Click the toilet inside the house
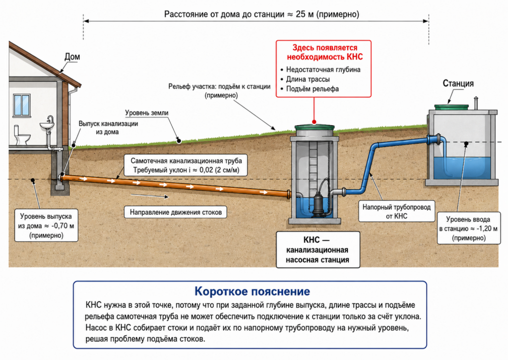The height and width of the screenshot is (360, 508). coord(22,135)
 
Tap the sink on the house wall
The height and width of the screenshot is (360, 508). coord(48,124)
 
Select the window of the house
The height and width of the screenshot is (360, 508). coord(22,105)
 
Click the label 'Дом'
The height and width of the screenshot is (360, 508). coord(72,57)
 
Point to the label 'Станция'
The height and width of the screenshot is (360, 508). coord(458,83)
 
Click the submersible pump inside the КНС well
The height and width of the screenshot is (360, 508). coord(319,199)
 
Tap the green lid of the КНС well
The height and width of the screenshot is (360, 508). coord(314,128)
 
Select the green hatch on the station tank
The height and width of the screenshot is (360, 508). coord(451,107)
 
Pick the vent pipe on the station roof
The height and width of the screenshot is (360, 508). coord(476,103)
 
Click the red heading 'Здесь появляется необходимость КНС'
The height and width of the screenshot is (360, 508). coord(324,52)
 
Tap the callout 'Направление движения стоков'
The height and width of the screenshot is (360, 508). coord(176,212)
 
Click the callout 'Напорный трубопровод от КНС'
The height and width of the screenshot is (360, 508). coord(396,212)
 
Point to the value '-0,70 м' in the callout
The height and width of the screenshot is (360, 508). coord(63,226)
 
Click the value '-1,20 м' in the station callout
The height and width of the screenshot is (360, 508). coord(487,228)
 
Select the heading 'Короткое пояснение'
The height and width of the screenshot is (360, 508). coord(252,291)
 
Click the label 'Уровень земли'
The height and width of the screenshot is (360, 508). coord(147,113)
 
